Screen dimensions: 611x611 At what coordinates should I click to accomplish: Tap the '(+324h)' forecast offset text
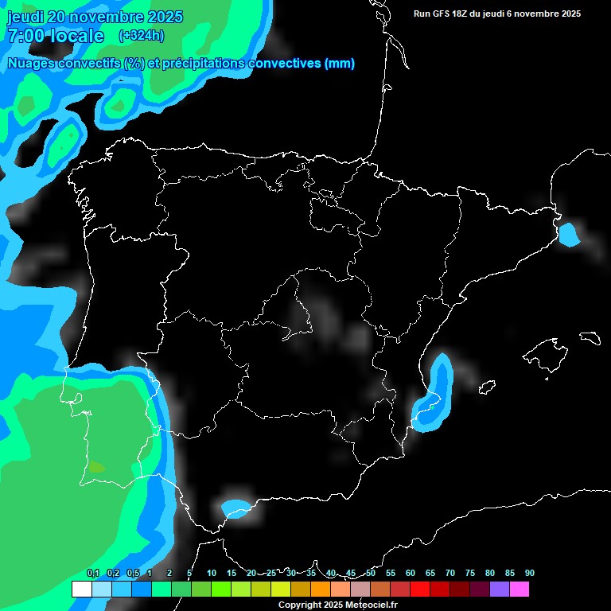point(142,35)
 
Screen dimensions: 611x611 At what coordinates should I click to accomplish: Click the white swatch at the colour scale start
point(81,590)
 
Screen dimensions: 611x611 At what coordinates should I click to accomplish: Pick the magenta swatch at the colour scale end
point(520,590)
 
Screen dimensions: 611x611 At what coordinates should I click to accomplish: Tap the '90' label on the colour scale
point(529,574)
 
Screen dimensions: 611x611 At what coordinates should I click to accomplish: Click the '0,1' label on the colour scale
point(92,574)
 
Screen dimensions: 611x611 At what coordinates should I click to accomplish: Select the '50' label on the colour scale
point(371,574)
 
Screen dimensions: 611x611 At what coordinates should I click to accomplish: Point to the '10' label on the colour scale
point(211,574)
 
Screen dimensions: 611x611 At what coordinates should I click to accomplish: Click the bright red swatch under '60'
point(420,590)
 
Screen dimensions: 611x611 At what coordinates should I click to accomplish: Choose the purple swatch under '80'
point(500,590)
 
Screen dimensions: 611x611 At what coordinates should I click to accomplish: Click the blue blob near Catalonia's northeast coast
point(569,235)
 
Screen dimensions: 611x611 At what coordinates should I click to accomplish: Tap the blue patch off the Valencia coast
point(436,390)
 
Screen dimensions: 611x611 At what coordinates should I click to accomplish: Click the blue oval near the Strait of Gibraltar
point(235,508)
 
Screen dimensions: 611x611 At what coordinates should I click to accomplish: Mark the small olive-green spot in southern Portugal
point(96,468)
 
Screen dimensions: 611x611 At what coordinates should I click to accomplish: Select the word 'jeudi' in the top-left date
point(24,17)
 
